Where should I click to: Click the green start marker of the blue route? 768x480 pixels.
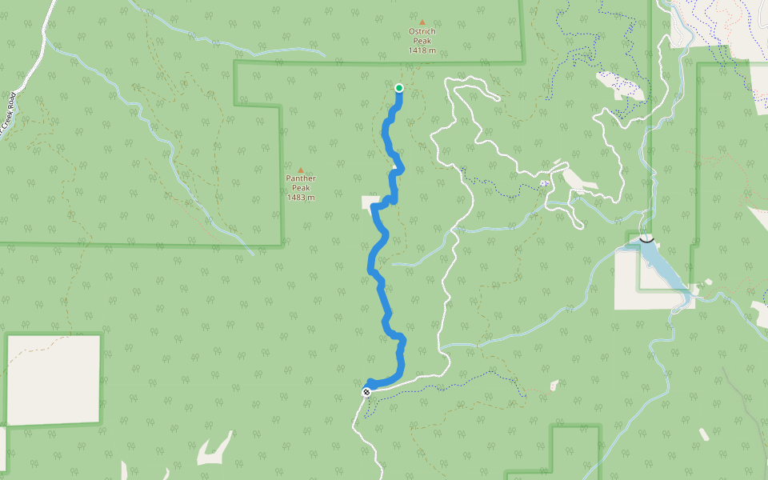pos(398,88)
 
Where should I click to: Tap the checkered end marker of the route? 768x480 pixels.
pos(366,391)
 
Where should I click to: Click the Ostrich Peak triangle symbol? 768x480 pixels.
pos(422,22)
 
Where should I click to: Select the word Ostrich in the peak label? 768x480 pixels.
pos(422,32)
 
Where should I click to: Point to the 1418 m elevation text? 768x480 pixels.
pos(422,51)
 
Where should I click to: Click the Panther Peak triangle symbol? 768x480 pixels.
pos(301,170)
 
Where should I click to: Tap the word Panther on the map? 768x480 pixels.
pos(301,178)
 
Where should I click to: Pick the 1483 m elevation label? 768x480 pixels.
pos(301,198)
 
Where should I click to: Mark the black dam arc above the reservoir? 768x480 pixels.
pos(646,238)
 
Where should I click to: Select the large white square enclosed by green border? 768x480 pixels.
pos(54,379)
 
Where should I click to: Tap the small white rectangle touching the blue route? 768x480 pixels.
pos(371,202)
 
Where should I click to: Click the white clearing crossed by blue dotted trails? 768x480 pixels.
pos(621,85)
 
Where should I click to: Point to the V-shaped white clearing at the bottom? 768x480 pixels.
pos(214,451)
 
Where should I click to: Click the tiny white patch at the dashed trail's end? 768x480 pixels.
pos(555,386)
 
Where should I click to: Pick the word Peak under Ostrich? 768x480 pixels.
pos(422,42)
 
